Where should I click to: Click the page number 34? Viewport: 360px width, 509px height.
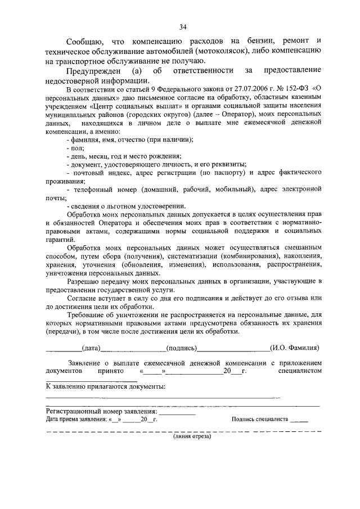pos(183,26)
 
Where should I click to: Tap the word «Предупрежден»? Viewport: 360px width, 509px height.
pos(91,70)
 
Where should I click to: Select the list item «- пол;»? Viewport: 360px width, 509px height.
pos(74,147)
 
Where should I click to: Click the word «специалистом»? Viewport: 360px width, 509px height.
pos(300,372)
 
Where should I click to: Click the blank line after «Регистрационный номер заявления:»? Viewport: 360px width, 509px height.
pos(177,413)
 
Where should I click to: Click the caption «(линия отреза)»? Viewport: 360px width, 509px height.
pos(192,438)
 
